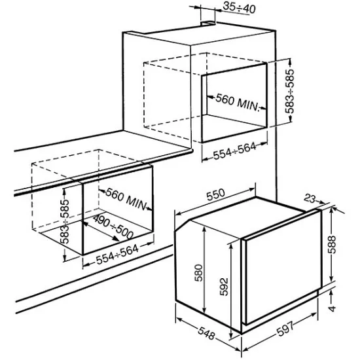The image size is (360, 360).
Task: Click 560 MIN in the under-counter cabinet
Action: [x=125, y=198]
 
